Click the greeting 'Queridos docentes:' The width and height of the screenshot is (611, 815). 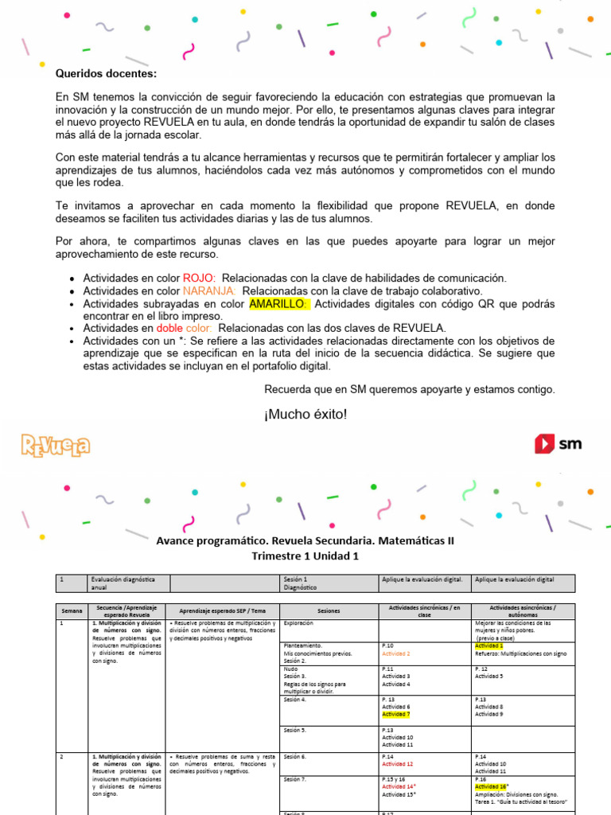click(x=107, y=74)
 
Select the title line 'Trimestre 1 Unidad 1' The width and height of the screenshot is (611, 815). click(x=305, y=556)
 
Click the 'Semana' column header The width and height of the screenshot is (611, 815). click(x=72, y=610)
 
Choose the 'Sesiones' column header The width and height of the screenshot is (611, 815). click(x=329, y=610)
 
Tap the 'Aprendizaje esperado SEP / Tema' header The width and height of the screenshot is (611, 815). click(x=222, y=610)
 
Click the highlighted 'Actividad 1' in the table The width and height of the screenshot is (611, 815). click(x=490, y=645)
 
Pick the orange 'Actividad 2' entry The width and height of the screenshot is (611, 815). click(x=396, y=653)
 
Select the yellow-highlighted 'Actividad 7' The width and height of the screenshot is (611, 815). click(x=396, y=715)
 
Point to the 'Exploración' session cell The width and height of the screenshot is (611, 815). click(x=298, y=623)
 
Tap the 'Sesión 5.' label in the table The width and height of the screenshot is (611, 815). click(x=295, y=730)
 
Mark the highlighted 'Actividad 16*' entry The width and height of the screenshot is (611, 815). click(x=492, y=786)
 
